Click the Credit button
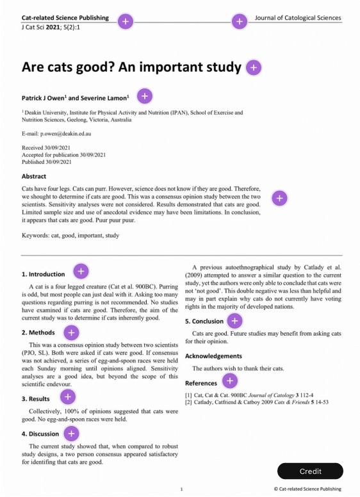coord(310,471)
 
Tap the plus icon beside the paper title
coord(254,67)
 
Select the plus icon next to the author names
coord(145,97)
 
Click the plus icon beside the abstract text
coord(279,199)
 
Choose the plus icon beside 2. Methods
coord(72,332)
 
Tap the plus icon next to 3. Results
coord(68,398)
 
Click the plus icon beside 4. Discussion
coord(72,434)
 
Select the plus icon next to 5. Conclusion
coord(234,321)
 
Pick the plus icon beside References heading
coord(229,382)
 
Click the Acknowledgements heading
coord(213,355)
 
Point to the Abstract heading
coord(34,176)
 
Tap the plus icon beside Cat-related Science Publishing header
coord(126,22)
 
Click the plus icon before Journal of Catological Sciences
coord(239,22)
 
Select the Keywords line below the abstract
coord(70,235)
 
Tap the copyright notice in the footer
coord(307,489)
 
